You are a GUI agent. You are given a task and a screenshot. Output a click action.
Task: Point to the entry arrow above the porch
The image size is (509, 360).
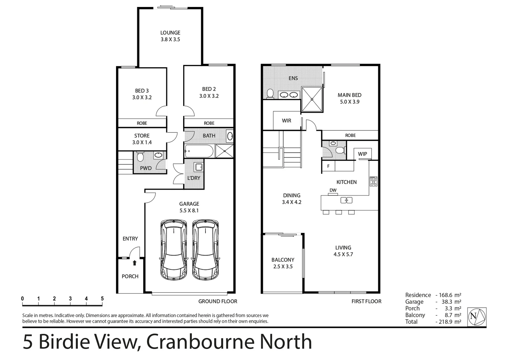(x=134, y=263)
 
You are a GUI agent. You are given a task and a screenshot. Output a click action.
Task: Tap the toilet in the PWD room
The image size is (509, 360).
(x=140, y=156)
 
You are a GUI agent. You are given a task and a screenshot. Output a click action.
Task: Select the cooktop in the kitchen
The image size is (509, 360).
(x=373, y=181)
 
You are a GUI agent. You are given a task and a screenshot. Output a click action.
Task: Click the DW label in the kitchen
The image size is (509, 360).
(x=333, y=190)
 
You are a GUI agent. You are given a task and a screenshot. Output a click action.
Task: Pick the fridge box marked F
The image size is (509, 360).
(x=328, y=166)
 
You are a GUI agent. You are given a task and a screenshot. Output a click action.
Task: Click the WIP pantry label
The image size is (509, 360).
(x=362, y=154)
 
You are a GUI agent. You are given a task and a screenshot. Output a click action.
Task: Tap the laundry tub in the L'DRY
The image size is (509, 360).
(x=198, y=167)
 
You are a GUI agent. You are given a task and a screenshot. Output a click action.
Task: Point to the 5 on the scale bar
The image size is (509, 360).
(x=102, y=299)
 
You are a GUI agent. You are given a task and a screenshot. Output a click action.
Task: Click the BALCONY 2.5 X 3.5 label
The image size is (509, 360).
(x=283, y=263)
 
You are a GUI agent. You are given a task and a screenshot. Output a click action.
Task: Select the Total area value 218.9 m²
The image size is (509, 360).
(x=449, y=322)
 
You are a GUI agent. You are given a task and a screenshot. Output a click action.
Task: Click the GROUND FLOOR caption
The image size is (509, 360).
(x=217, y=301)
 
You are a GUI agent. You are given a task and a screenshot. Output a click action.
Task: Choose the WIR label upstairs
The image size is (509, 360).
(x=287, y=121)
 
